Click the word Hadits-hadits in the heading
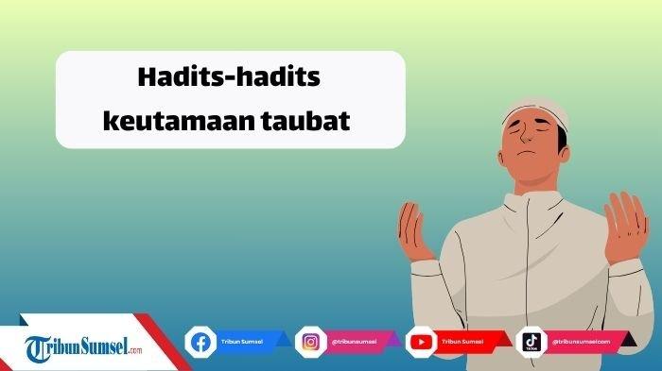point(231,78)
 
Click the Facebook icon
point(200,341)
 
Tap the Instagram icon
point(310,341)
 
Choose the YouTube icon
point(420,341)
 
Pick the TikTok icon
point(531,341)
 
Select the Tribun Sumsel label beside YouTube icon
point(463,341)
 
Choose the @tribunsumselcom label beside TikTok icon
point(580,341)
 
